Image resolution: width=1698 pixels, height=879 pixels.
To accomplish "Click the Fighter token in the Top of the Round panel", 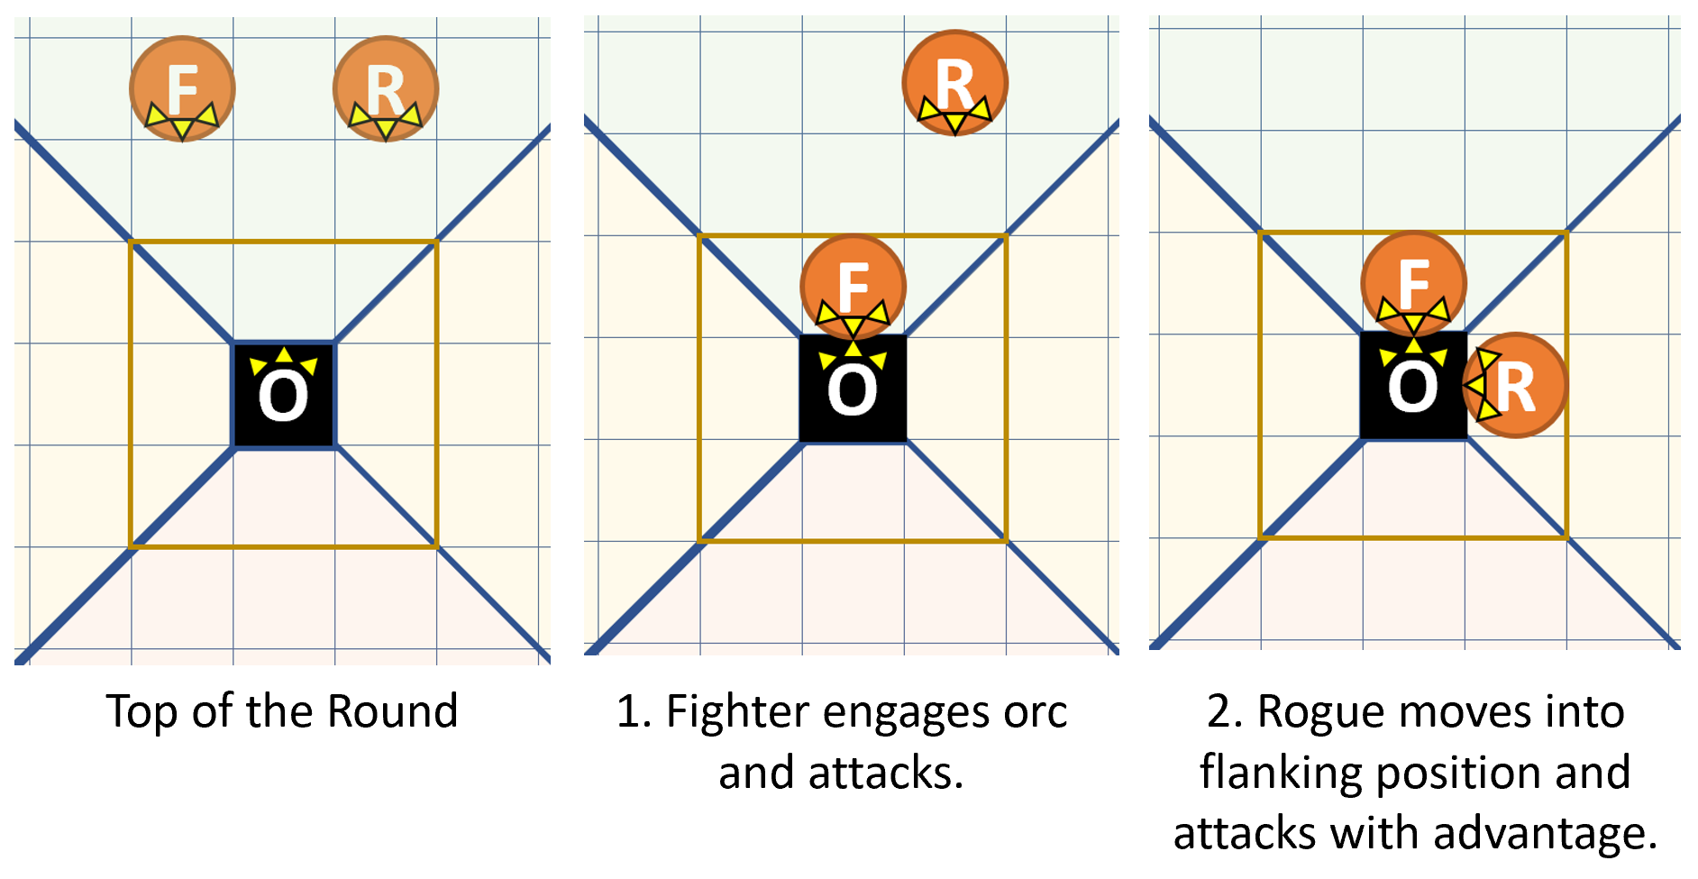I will tap(182, 88).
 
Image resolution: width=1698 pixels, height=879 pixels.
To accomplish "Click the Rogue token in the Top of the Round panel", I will tap(386, 88).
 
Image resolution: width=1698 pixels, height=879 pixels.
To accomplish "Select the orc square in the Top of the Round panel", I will tap(284, 395).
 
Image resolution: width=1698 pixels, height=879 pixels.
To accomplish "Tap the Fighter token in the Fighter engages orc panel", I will tap(853, 286).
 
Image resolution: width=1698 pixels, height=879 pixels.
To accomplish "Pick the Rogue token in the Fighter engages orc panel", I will tap(954, 83).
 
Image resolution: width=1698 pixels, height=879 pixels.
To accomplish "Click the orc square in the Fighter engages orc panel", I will tap(853, 389).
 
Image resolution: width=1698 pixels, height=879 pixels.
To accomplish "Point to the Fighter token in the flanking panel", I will tap(1413, 282).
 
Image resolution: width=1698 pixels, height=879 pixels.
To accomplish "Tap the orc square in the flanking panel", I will tap(1412, 386).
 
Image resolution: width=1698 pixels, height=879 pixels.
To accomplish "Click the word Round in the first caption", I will tap(393, 711).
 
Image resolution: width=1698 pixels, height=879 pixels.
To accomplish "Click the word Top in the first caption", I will tap(141, 711).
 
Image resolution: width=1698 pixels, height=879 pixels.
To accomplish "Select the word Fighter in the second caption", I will tap(736, 711).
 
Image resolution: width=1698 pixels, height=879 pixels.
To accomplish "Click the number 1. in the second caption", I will tap(634, 711).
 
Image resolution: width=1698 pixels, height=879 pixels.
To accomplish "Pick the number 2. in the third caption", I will tap(1226, 711).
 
